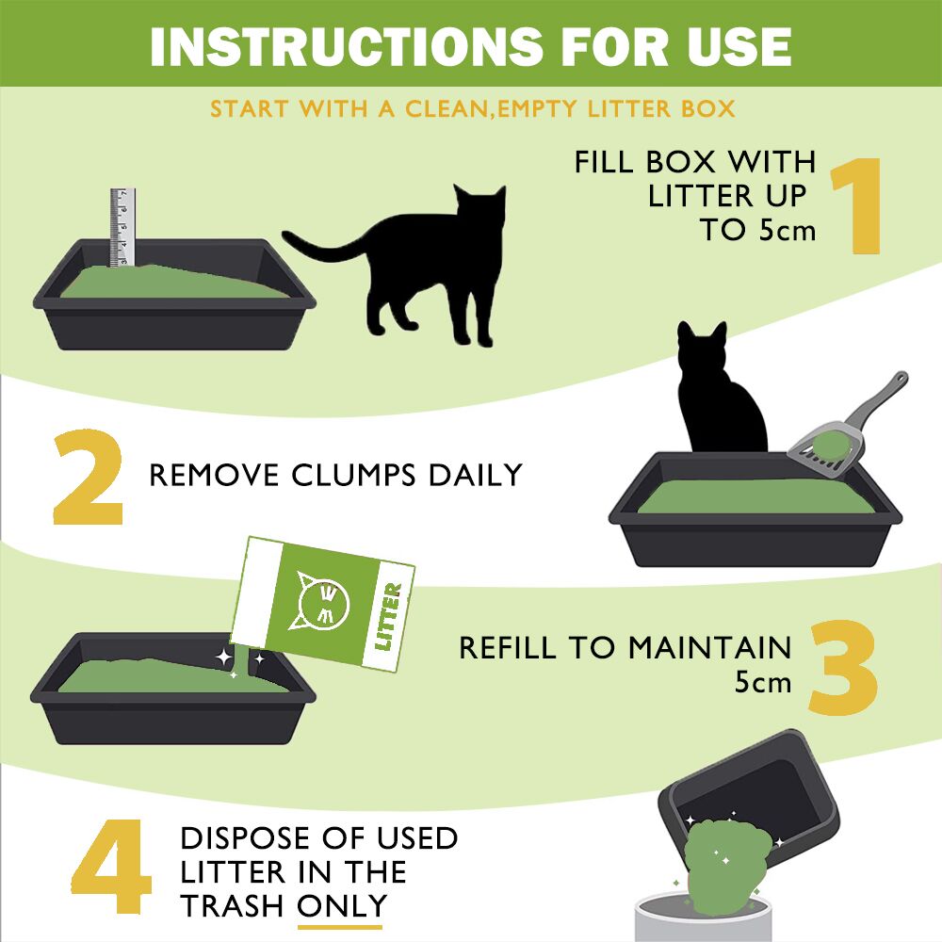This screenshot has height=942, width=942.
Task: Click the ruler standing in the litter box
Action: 122,226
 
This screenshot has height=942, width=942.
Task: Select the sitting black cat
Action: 721,396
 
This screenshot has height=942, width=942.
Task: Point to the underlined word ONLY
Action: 341,905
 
